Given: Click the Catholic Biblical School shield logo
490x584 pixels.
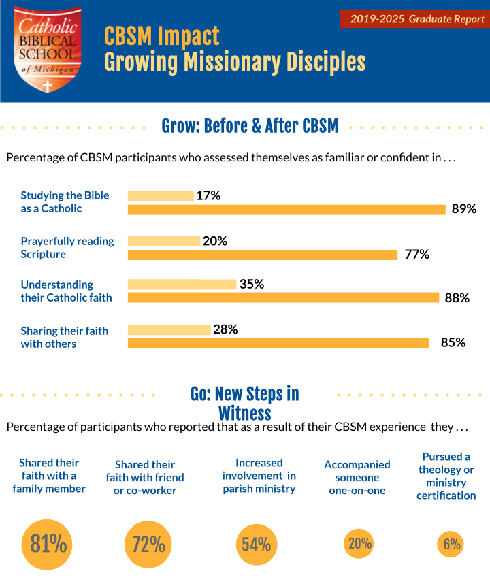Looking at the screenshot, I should pos(48,50).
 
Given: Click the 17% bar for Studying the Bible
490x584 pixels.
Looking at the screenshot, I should pos(161,196).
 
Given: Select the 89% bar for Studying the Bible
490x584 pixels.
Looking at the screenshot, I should pos(287,209).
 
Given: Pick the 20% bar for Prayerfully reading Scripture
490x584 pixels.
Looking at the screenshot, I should pos(164,241).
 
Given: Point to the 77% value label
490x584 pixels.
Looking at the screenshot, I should pos(416,255).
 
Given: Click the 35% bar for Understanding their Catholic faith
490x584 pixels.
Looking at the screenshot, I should pos(182,285).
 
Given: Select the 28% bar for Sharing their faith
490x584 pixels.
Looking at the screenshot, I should pos(169,329).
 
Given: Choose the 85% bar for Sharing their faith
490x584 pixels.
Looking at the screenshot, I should pos(278,342).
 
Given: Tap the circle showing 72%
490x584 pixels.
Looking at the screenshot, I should pos(145,545).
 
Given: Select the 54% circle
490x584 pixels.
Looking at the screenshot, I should pos(257,545).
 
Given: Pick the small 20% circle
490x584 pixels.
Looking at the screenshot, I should pos(359,544).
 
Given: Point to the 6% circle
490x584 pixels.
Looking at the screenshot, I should pos(452,545).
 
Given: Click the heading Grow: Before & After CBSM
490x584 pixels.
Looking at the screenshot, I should pos(249,126).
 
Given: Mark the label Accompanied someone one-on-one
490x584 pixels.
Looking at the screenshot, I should pos(357,477).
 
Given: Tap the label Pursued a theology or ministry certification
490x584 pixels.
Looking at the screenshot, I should pos(446,476).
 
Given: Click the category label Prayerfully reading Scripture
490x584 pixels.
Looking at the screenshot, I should pos(67,247).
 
